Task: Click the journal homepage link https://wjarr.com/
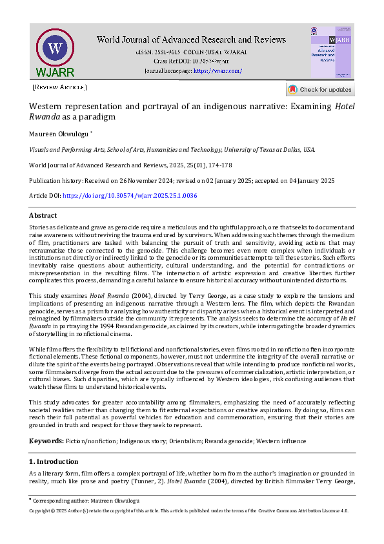[217, 70]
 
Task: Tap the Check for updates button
[320, 90]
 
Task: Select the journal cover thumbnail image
[331, 52]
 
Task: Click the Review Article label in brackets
[59, 87]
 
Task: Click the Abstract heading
[44, 215]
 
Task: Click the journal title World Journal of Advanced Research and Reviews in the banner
[191, 39]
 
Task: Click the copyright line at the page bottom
[188, 510]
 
